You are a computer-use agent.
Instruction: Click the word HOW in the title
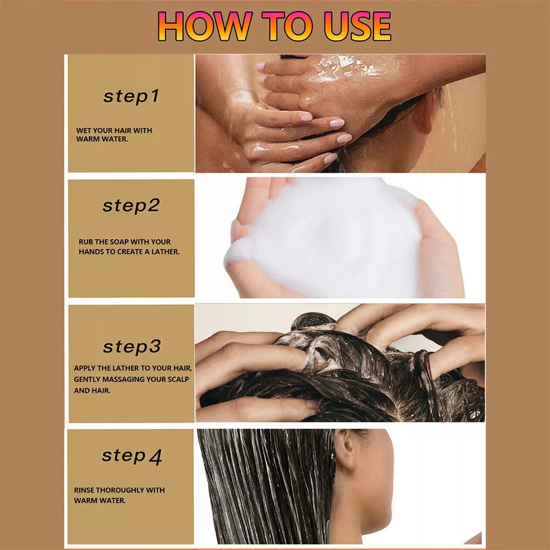click(x=205, y=26)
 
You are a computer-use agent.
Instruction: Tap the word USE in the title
click(x=358, y=26)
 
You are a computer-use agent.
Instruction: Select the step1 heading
click(x=131, y=97)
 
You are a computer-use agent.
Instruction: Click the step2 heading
click(x=131, y=206)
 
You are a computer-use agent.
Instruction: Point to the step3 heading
click(x=132, y=347)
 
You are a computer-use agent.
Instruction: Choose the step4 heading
click(x=132, y=457)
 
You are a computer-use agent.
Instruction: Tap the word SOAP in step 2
click(x=119, y=242)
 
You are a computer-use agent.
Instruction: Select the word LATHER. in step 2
click(x=165, y=252)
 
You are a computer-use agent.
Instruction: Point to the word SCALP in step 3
click(x=179, y=379)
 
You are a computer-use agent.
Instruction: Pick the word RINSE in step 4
click(x=84, y=490)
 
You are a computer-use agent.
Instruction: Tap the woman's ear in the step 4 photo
click(x=345, y=449)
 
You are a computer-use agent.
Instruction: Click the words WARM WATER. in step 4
click(x=100, y=501)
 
